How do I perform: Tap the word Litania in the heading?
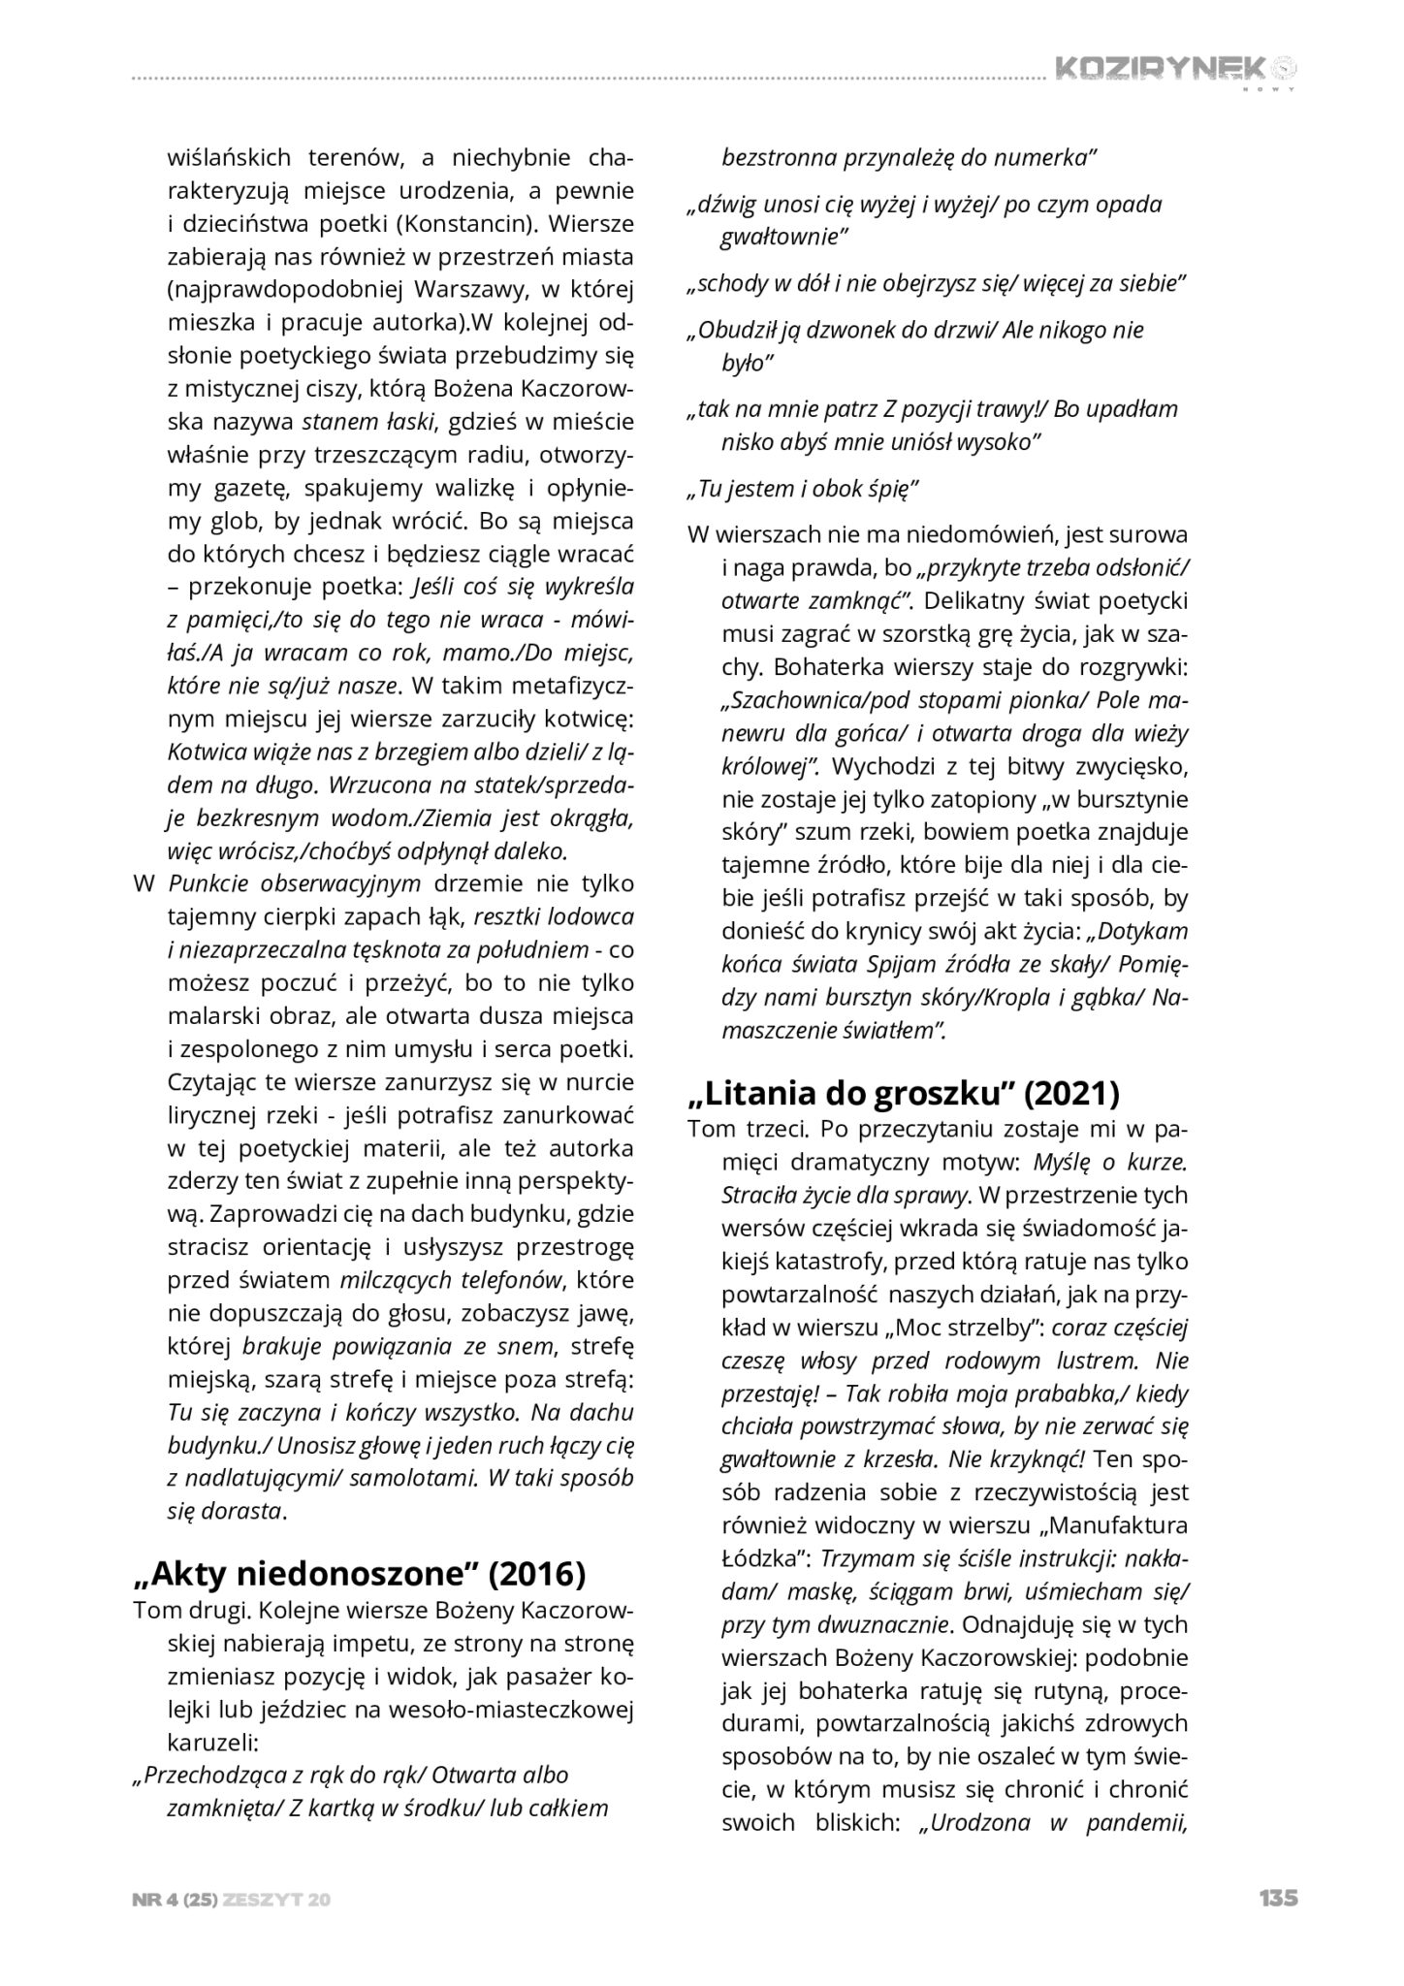(x=765, y=1093)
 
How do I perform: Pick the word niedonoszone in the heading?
(x=348, y=1574)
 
